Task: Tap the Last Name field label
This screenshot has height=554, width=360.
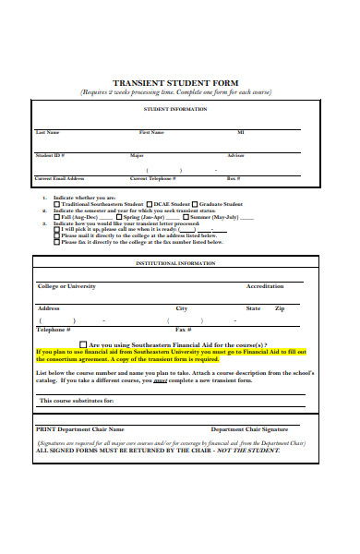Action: (47, 132)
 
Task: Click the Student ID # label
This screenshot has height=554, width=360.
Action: (50, 155)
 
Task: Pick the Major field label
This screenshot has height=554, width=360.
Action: (137, 155)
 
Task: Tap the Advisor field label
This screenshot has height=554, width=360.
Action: (235, 155)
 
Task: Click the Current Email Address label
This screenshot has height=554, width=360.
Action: (59, 178)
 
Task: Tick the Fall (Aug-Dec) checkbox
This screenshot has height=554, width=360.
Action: (56, 217)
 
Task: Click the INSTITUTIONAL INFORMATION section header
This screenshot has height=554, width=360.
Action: (175, 263)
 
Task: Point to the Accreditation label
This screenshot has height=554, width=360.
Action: (265, 286)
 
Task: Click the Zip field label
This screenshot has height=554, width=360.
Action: (280, 307)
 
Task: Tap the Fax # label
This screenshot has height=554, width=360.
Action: (183, 330)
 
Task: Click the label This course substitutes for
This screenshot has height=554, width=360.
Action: (77, 401)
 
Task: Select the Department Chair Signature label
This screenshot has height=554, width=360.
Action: (249, 429)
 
